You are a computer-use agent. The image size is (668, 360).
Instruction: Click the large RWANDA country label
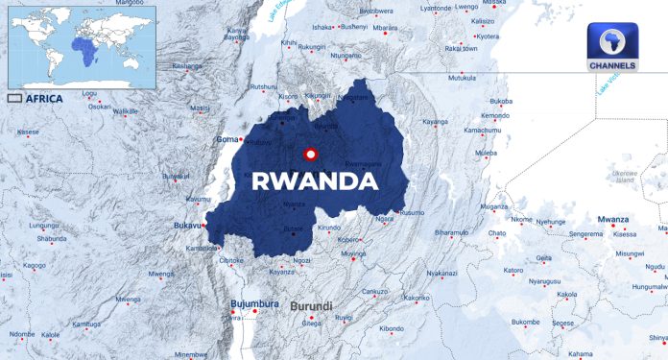[314, 180]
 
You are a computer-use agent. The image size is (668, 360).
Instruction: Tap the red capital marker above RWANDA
[310, 154]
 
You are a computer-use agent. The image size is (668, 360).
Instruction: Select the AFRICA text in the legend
[45, 98]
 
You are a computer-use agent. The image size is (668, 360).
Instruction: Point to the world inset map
[82, 45]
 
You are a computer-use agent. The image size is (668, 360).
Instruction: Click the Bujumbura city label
[254, 304]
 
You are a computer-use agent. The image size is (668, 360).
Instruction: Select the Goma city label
[227, 139]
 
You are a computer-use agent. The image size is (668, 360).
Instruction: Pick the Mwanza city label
[612, 219]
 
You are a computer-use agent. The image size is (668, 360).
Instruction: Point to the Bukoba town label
[500, 101]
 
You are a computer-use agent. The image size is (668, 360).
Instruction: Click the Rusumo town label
[412, 211]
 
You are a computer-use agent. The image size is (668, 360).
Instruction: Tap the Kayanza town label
[281, 272]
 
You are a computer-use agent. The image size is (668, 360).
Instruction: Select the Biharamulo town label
[451, 232]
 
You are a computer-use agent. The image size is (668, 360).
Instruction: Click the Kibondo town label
[392, 328]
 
